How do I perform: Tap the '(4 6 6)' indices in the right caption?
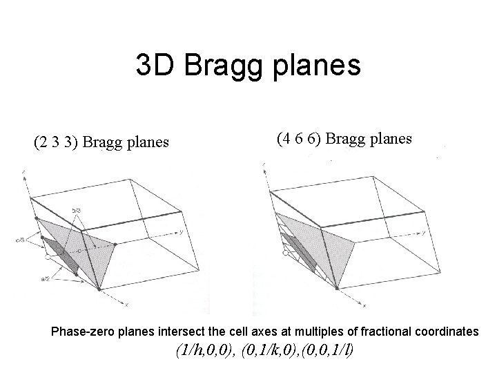coord(300,138)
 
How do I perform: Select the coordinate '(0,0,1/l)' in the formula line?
coord(327,351)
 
